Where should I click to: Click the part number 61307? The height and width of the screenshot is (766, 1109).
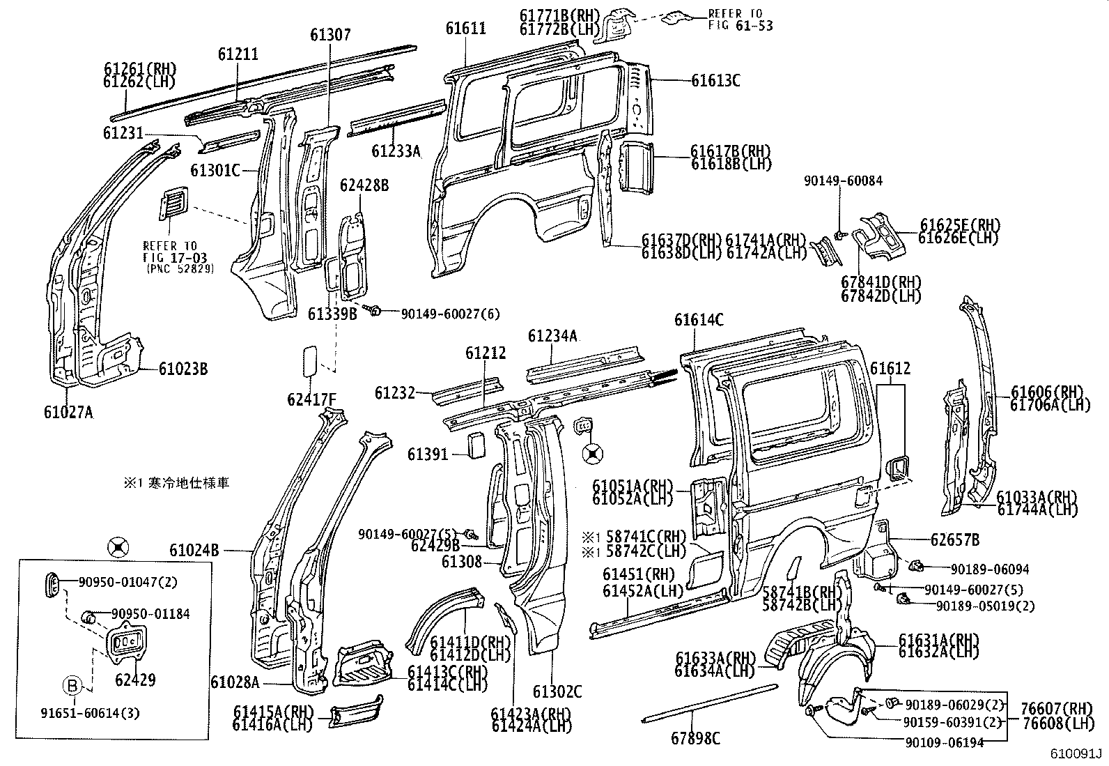click(x=331, y=34)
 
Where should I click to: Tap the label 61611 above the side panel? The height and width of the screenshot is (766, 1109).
click(x=465, y=28)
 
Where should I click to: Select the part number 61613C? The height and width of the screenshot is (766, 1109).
click(x=715, y=81)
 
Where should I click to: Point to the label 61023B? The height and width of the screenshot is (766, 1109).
click(x=183, y=369)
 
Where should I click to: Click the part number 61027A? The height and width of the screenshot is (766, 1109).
click(x=69, y=412)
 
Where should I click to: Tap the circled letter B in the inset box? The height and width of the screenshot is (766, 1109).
click(x=72, y=687)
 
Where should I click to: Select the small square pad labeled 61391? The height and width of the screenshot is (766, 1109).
click(x=477, y=445)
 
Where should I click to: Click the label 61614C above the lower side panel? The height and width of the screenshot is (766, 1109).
click(x=699, y=320)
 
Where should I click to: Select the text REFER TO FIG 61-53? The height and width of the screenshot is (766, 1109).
click(x=740, y=20)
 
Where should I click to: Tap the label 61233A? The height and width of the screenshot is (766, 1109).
click(x=396, y=151)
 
